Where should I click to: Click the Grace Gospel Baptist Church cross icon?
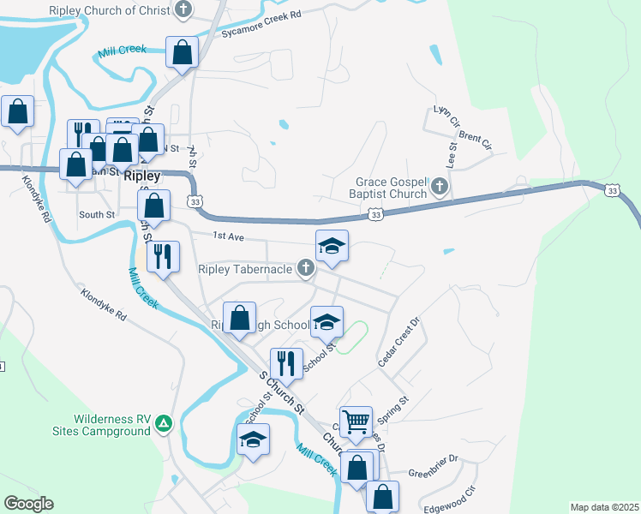[440, 186]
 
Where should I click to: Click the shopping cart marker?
[356, 421]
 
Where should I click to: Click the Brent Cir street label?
[475, 140]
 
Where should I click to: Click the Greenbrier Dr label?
[434, 472]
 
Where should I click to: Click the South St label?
[96, 215]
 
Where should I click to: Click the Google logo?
[28, 504]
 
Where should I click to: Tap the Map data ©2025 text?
[604, 507]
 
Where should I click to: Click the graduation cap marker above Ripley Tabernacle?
[332, 247]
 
